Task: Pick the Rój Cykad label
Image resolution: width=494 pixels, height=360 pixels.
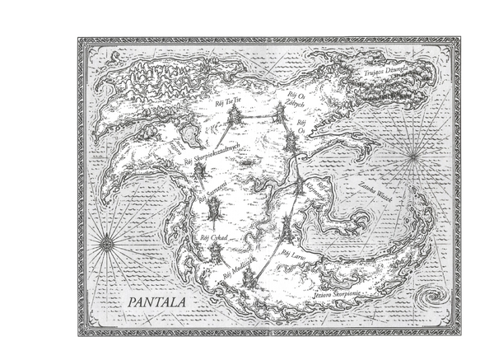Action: click(213, 236)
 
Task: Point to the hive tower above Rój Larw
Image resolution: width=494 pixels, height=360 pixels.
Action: click(284, 227)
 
